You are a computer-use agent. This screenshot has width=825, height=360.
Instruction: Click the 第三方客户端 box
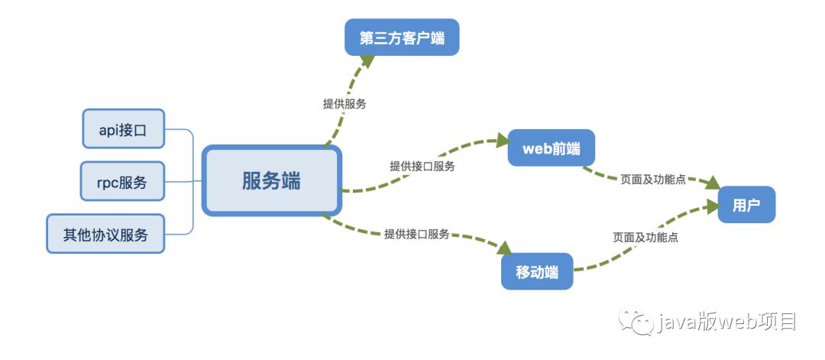point(402,37)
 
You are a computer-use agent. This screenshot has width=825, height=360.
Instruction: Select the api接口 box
point(123,128)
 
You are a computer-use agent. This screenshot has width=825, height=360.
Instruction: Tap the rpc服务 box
point(123,182)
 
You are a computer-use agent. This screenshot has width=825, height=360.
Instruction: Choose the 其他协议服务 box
point(105,234)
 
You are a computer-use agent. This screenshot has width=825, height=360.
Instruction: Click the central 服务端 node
point(272,181)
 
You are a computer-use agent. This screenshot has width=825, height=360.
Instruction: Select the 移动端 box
point(537,271)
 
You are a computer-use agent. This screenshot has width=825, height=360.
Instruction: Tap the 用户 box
point(746,205)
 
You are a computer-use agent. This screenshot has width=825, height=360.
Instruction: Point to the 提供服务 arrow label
point(345,103)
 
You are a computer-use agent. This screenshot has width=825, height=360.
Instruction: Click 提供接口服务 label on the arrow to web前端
point(422,166)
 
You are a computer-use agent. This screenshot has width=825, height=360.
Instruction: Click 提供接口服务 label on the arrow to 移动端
point(416,234)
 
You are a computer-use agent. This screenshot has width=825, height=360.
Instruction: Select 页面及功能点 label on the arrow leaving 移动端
point(645,237)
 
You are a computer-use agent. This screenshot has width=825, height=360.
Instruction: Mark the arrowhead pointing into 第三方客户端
point(368,61)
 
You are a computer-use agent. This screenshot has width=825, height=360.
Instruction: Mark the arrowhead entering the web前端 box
point(501,141)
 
